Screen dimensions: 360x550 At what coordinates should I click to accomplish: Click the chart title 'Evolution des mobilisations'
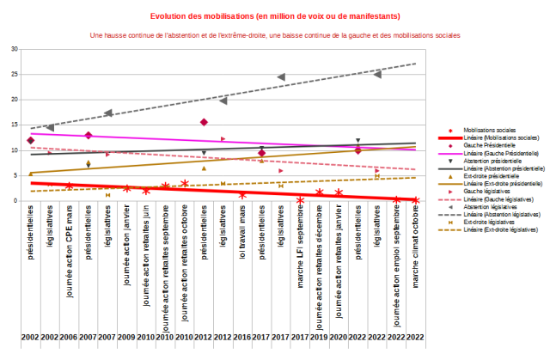point(275,15)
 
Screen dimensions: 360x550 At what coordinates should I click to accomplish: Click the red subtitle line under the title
point(275,35)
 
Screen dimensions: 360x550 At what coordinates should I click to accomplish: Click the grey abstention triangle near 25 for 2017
point(282,77)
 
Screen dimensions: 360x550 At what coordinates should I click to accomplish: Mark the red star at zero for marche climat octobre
point(416,200)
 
